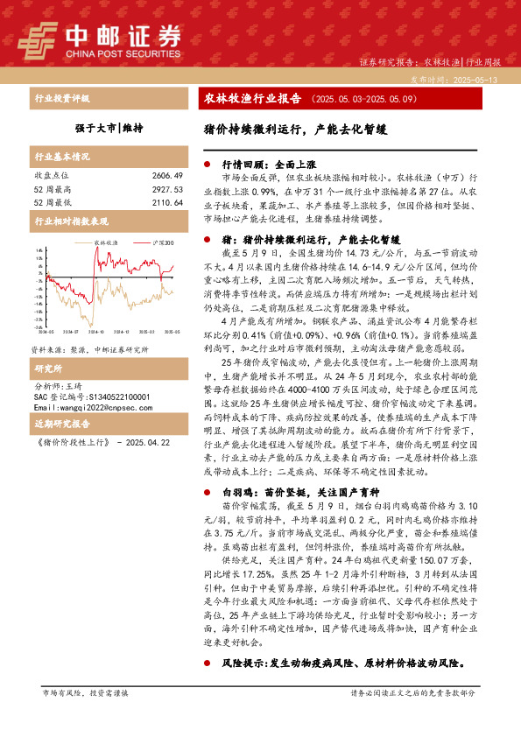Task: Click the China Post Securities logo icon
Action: pyautogui.click(x=36, y=39)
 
